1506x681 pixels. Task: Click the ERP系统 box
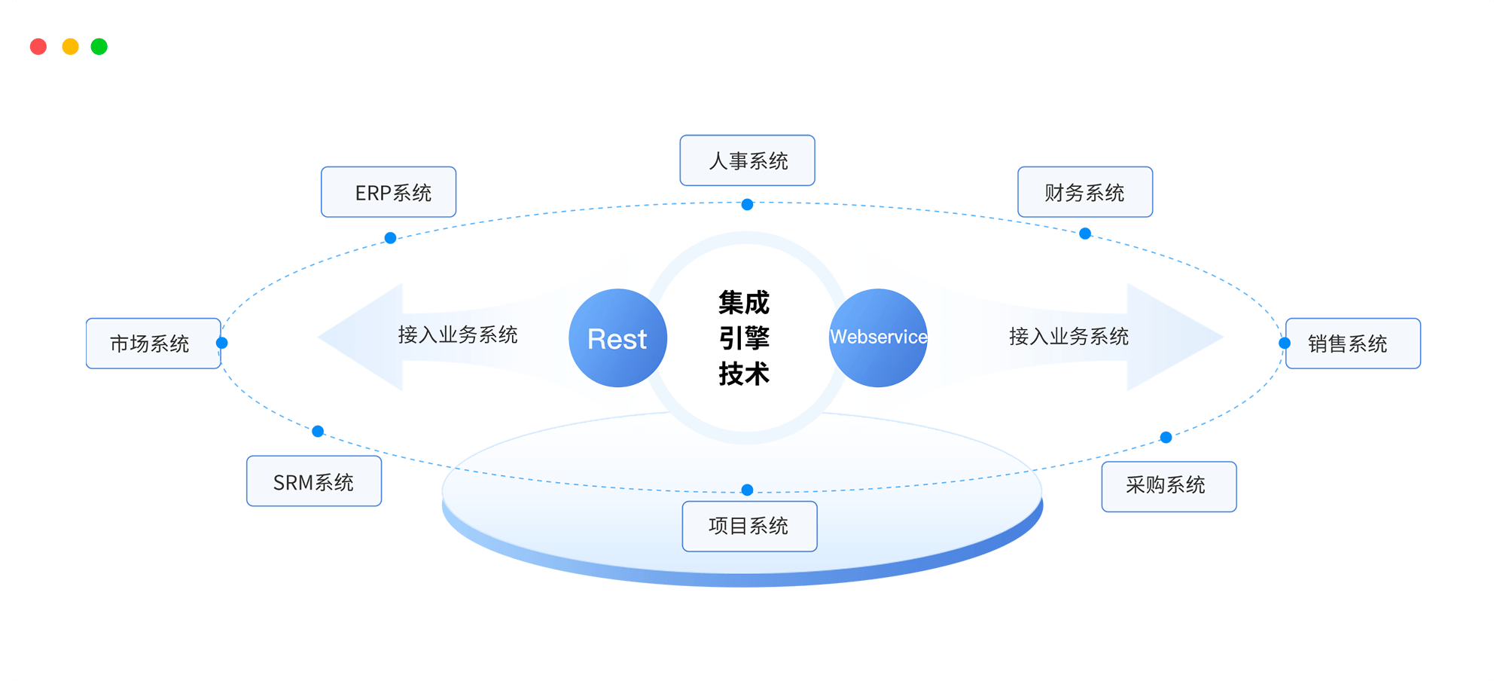click(389, 192)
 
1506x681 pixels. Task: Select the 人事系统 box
click(747, 160)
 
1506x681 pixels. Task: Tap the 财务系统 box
click(1085, 192)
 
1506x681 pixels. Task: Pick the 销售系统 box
click(1352, 344)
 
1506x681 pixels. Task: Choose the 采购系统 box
click(1169, 487)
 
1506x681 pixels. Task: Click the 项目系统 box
click(749, 527)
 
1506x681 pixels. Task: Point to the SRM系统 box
click(314, 481)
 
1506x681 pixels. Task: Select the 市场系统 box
click(154, 344)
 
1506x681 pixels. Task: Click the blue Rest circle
click(617, 338)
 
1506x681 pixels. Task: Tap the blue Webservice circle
click(878, 338)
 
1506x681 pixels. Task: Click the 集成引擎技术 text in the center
click(744, 338)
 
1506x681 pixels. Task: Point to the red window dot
click(38, 47)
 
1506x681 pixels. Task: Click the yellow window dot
click(70, 47)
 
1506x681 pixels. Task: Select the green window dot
click(99, 47)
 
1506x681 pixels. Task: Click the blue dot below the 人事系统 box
click(747, 204)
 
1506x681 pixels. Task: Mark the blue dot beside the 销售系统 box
click(1285, 344)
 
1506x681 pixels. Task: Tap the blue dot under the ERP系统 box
click(390, 238)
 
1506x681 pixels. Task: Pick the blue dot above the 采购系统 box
click(1166, 437)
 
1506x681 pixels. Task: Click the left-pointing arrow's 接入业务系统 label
click(458, 335)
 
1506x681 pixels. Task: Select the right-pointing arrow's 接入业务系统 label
click(1069, 337)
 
